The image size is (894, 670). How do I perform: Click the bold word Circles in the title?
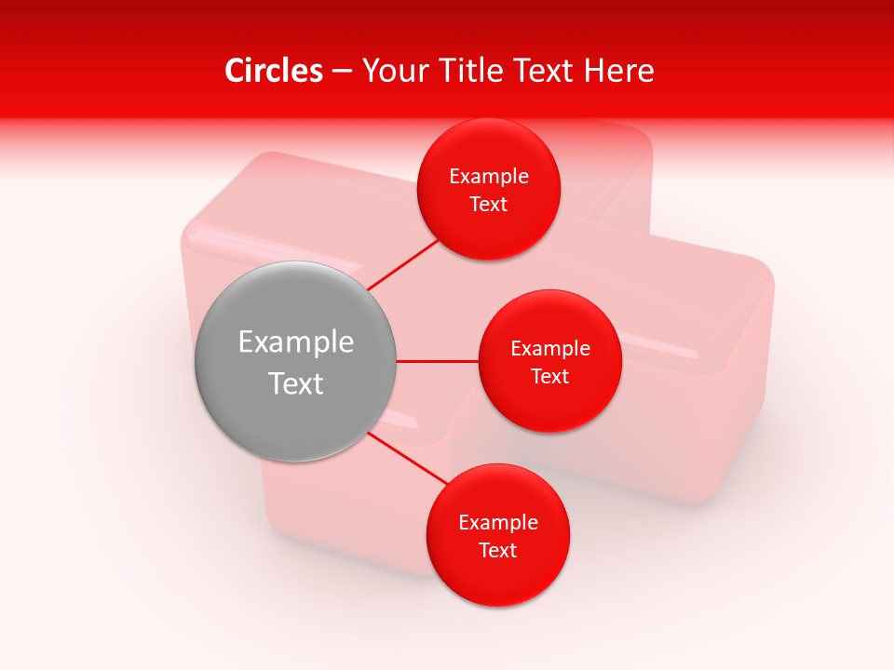(x=274, y=71)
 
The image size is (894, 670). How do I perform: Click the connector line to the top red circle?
(x=402, y=265)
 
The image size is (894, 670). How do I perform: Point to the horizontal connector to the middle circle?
(x=438, y=361)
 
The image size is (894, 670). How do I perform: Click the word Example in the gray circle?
(x=296, y=342)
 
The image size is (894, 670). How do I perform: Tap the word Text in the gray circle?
(x=296, y=383)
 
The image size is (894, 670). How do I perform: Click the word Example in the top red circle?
(x=489, y=177)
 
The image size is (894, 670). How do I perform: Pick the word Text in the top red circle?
(x=489, y=205)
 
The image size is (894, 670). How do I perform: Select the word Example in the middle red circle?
(x=550, y=349)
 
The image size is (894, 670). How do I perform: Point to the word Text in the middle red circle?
(x=550, y=377)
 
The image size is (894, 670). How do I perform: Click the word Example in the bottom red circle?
(x=498, y=523)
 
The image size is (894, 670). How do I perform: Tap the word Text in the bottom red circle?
(x=498, y=551)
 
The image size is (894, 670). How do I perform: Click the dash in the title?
(x=342, y=72)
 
